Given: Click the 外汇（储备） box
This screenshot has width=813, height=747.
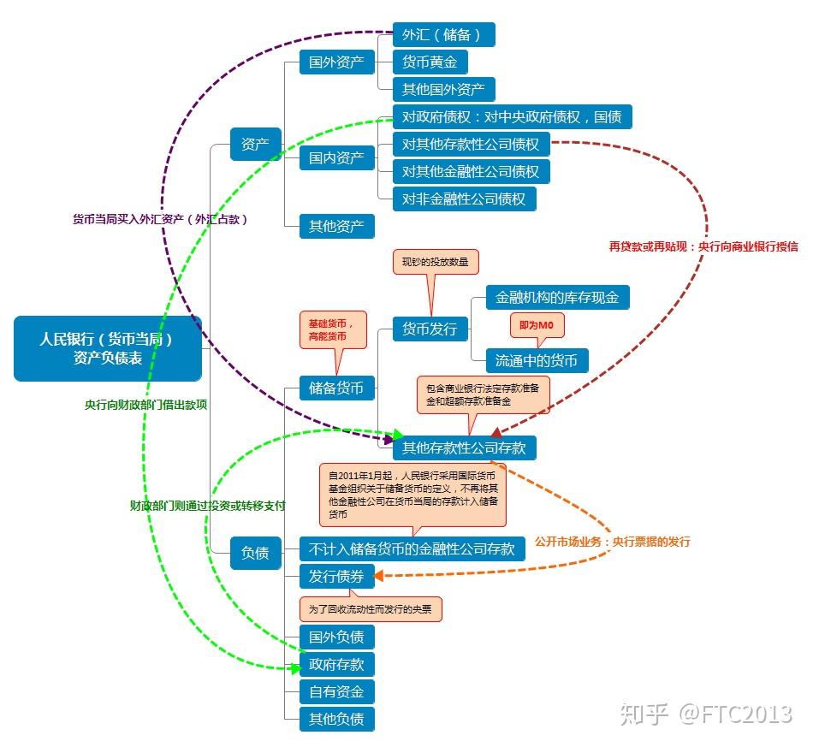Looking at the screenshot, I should [x=443, y=35].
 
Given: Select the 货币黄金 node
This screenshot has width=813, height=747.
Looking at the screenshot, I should [x=430, y=62].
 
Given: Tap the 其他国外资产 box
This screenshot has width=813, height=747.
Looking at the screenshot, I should [x=443, y=90].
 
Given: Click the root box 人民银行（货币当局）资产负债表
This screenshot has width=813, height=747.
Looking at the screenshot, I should [x=108, y=348].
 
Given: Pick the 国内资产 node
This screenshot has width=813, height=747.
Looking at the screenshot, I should [x=336, y=158].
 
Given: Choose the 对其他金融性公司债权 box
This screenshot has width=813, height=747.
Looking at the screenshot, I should [x=471, y=172].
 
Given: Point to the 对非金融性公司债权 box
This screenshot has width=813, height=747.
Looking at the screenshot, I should [x=464, y=199].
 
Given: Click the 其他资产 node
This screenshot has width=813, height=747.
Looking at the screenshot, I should [x=336, y=227].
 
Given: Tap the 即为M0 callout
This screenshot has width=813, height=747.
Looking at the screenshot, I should [x=537, y=326].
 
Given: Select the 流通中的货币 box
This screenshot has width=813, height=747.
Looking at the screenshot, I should [x=537, y=360].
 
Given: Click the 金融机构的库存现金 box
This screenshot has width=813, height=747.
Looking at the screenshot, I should [x=557, y=298].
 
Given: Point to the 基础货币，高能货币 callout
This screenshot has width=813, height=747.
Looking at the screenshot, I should [x=332, y=330].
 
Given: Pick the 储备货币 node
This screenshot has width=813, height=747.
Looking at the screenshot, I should [x=336, y=388].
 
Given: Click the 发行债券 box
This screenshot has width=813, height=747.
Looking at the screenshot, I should [x=336, y=577].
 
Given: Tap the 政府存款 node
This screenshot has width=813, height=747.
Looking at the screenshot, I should [x=336, y=664].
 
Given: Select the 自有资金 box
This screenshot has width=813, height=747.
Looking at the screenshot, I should [x=336, y=691].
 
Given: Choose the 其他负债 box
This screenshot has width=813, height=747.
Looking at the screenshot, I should [x=336, y=719].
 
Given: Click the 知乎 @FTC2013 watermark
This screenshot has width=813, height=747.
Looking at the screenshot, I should [x=707, y=713].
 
